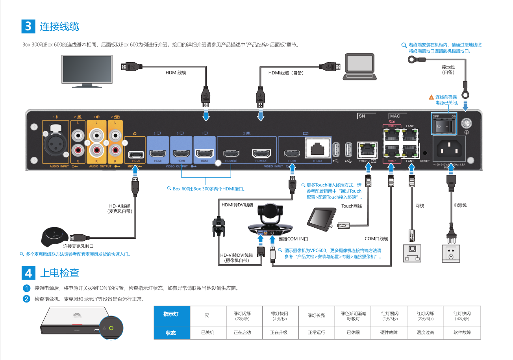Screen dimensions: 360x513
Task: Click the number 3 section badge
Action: tap(28, 26)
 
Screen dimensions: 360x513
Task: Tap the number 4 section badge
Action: tap(28, 273)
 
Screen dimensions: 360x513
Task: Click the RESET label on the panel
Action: tap(425, 161)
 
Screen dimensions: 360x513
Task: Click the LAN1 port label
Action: tap(410, 161)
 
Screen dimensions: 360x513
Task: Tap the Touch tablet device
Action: tap(322, 217)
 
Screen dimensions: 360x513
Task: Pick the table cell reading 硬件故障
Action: tap(390, 332)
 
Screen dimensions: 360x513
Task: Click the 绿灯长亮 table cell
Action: tap(317, 316)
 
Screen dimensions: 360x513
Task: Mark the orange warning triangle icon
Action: tap(431, 97)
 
